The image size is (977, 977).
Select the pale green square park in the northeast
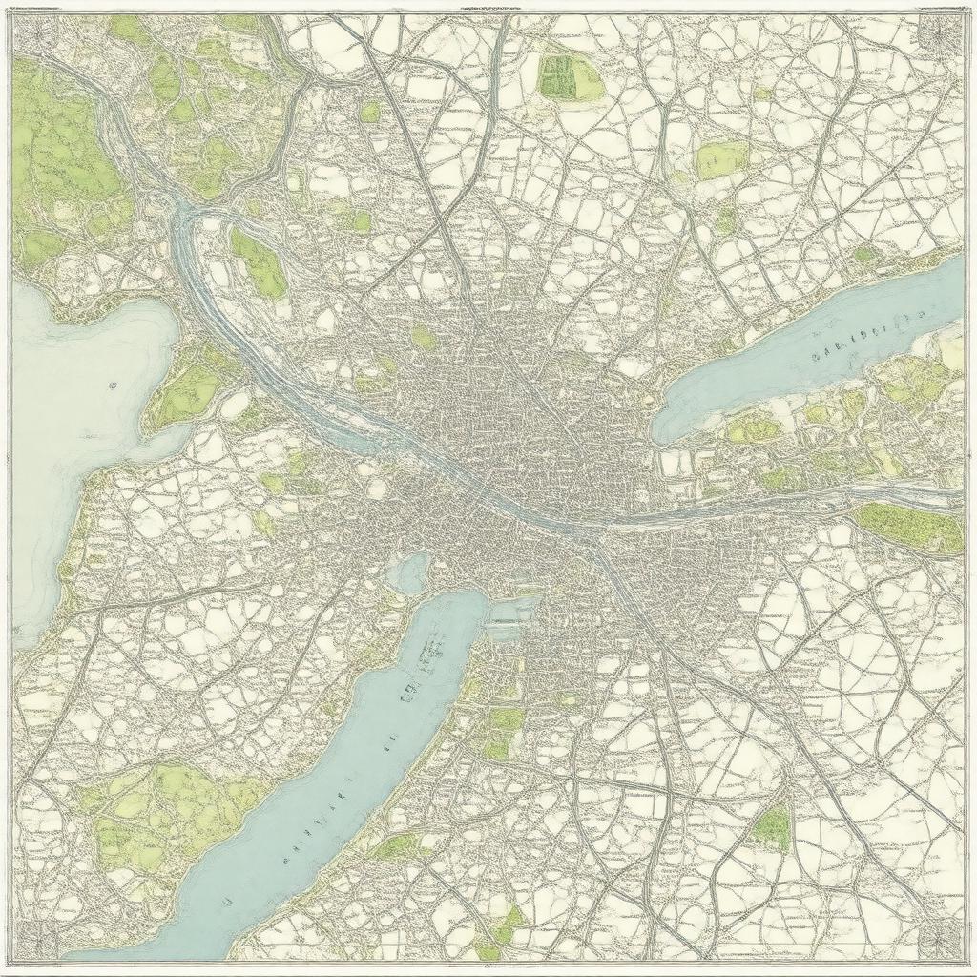[721, 160]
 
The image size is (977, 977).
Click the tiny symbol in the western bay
[113, 386]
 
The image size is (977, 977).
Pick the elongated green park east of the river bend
[258, 262]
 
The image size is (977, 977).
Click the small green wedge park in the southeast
[773, 825]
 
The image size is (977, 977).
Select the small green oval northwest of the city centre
[424, 337]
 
